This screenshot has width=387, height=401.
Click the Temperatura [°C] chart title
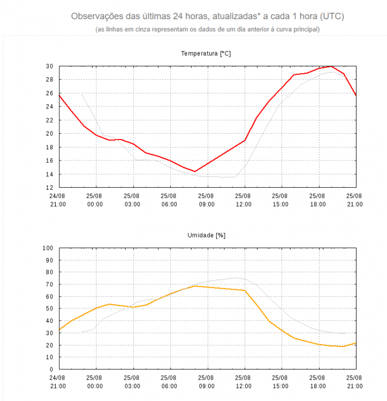pyautogui.click(x=206, y=53)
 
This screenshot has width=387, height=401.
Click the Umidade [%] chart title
pyautogui.click(x=206, y=235)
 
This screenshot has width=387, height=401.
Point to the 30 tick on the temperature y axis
pyautogui.click(x=49, y=66)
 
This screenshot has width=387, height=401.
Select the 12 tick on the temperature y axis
pyautogui.click(x=49, y=188)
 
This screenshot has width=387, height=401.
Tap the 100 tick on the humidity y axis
pyautogui.click(x=48, y=248)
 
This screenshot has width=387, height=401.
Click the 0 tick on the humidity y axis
pyautogui.click(x=51, y=369)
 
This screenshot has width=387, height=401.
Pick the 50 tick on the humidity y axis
pyautogui.click(x=49, y=309)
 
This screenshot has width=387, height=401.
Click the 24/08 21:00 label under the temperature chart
pyautogui.click(x=58, y=200)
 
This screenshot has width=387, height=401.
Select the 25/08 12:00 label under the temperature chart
pyautogui.click(x=244, y=200)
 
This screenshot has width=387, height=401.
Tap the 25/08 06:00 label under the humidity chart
pyautogui.click(x=169, y=382)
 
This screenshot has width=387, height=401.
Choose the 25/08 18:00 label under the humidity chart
pyautogui.click(x=318, y=382)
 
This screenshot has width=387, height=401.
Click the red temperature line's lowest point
pyautogui.click(x=195, y=171)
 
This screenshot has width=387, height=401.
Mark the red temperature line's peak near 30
pyautogui.click(x=331, y=66)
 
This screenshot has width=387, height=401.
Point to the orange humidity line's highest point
pyautogui.click(x=195, y=286)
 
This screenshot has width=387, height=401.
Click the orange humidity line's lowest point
pyautogui.click(x=343, y=346)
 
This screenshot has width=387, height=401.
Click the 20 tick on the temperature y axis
pyautogui.click(x=49, y=134)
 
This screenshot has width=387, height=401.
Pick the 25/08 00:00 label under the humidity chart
pyautogui.click(x=95, y=382)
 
